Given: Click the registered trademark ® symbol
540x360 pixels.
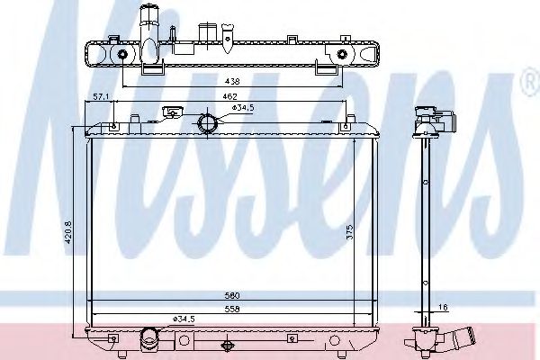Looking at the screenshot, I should click(529, 85).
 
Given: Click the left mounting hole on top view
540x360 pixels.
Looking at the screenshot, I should click(122, 56).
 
